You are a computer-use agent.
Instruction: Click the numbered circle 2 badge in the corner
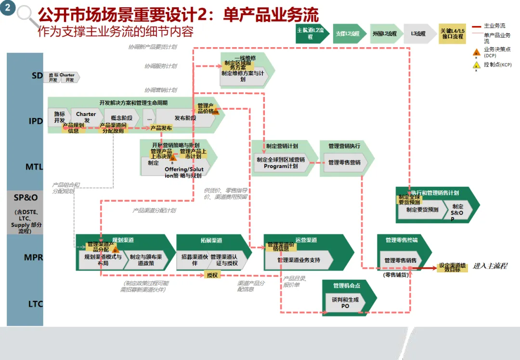(8, 9)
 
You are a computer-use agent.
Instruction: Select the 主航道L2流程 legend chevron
(312, 34)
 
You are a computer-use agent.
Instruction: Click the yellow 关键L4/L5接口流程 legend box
(452, 34)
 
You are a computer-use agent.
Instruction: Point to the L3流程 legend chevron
(418, 34)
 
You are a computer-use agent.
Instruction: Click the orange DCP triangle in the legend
(477, 52)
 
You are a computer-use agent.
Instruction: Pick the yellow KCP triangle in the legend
(477, 65)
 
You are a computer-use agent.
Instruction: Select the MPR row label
(34, 257)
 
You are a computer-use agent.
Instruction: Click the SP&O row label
(26, 197)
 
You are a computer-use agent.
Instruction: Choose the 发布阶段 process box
(185, 118)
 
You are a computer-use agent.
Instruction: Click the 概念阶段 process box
(121, 118)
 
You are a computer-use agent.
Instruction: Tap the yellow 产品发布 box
(161, 128)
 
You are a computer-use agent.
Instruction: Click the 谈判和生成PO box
(345, 303)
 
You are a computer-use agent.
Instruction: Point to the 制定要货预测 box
(422, 210)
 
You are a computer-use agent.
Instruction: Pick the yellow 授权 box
(212, 275)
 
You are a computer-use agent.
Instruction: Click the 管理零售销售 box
(401, 260)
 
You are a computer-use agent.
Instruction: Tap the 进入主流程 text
(490, 266)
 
